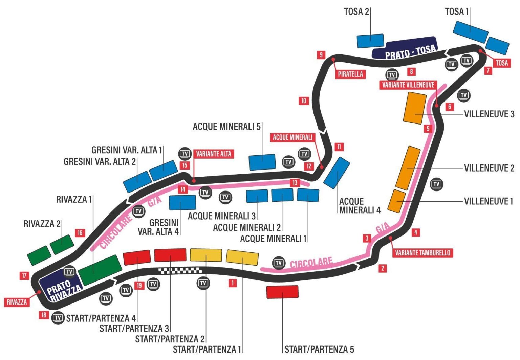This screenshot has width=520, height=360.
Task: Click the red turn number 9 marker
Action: tap(321, 54)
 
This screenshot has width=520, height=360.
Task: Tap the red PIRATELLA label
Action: tap(350, 74)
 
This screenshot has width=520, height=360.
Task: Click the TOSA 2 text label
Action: tap(356, 12)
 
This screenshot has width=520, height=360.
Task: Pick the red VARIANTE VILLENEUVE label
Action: tap(408, 85)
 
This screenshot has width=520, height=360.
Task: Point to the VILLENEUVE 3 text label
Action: tap(489, 114)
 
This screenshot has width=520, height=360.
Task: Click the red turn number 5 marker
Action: tap(428, 129)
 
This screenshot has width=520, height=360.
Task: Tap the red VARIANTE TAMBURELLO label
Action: tap(422, 253)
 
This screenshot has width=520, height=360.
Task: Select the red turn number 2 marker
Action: tap(383, 268)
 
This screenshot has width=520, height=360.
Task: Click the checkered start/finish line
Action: tap(180, 270)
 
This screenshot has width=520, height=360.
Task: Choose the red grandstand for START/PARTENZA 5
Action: tap(282, 292)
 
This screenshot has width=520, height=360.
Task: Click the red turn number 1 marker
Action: tap(232, 283)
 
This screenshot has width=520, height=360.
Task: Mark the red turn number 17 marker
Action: tap(24, 275)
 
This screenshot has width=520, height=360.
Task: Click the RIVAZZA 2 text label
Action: tap(42, 224)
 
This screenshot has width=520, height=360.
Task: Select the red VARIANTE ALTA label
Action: tap(214, 154)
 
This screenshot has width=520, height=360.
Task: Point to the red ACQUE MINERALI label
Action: tap(292, 137)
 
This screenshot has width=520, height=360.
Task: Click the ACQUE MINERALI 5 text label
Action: tap(226, 127)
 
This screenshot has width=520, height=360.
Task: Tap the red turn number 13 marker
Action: tap(295, 183)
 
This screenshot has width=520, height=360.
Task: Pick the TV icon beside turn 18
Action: tap(58, 318)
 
